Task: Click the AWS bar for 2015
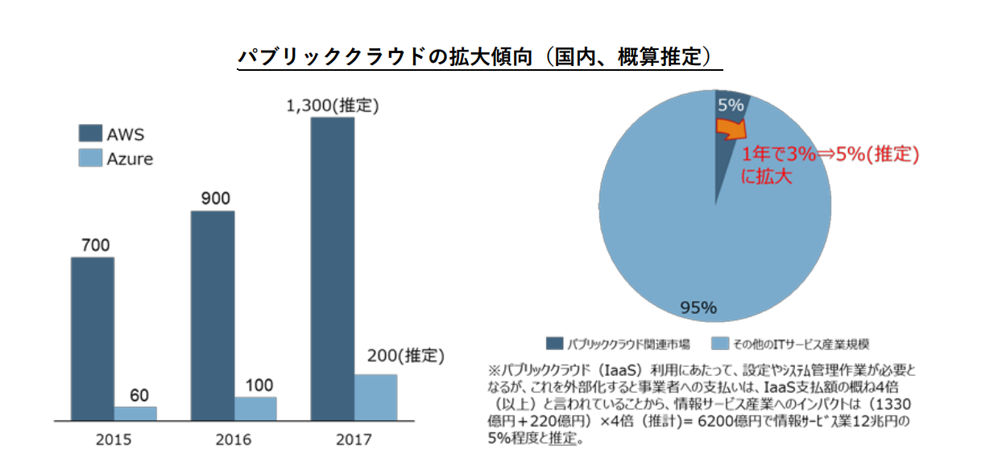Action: pos(93,338)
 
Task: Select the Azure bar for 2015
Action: pos(135,413)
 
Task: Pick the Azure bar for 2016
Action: pos(255,408)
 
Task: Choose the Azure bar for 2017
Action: pos(375,397)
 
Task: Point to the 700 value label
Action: pos(93,245)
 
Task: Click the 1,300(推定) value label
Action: pos(332,105)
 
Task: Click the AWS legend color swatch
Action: pos(89,134)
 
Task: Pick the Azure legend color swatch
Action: pos(89,158)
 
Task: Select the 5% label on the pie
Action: pos(730,105)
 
